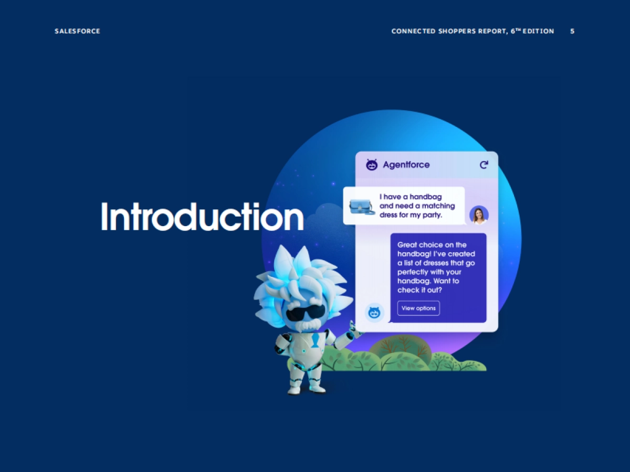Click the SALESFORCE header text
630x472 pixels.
point(77,31)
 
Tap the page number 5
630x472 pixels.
point(572,31)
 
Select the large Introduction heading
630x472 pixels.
point(202,216)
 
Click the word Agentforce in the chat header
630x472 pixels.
point(406,165)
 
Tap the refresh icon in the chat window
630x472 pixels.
point(484,165)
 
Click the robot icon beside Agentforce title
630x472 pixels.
point(372,165)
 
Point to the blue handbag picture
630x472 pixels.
point(362,206)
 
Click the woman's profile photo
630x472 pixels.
point(479,214)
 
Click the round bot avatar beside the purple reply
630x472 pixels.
point(374,313)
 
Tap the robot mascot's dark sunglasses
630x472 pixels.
point(303,313)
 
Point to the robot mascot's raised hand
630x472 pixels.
point(355,330)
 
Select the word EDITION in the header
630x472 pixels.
point(538,31)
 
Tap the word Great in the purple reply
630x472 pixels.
point(407,245)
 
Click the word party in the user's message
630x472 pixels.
point(430,214)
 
